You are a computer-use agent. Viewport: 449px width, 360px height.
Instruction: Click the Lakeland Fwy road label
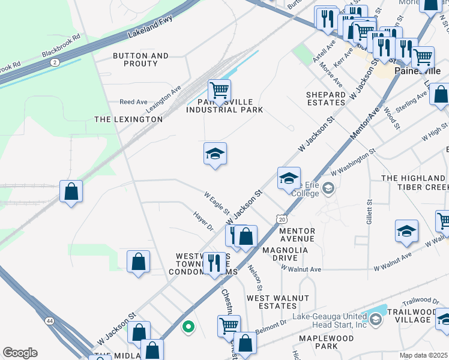point(149,27)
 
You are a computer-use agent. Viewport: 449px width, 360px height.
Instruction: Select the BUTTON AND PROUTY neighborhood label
point(140,60)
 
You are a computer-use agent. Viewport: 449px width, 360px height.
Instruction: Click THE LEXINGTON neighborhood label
point(128,119)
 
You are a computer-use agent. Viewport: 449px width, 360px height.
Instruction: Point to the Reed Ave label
point(133,102)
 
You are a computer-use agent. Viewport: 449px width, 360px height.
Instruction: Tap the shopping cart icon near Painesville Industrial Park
point(219,91)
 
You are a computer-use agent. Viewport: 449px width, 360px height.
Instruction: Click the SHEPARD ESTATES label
point(326,98)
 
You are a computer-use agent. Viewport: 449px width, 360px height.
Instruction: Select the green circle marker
point(188,327)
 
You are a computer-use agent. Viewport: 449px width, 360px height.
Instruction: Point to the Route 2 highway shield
point(55,62)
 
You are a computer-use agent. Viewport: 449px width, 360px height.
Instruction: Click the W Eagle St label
point(217,203)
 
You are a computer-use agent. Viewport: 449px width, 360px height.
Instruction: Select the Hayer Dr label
point(203,221)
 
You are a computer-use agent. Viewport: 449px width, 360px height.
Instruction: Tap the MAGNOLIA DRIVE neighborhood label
point(285,254)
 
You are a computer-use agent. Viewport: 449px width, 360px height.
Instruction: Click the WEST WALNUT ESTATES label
point(278,302)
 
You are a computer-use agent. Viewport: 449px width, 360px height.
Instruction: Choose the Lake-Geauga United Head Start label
point(330,320)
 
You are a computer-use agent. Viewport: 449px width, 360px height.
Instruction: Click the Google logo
point(20,353)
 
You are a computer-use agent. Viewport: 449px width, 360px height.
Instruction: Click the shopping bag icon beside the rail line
point(71,191)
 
